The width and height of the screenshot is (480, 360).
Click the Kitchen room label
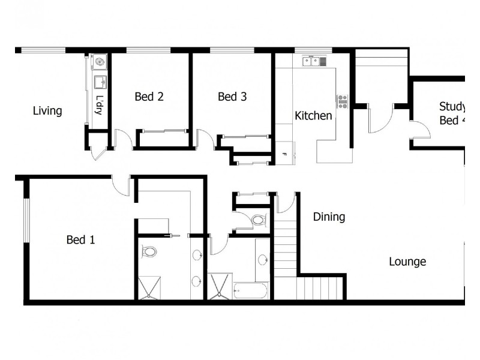coord(313,116)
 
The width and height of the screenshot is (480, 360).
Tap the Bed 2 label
coord(149,97)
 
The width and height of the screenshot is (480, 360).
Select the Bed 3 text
coord(232,97)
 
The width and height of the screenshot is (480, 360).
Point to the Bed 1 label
coord(80,240)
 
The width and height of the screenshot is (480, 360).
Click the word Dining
coord(329,217)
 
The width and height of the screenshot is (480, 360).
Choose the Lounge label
coord(407,262)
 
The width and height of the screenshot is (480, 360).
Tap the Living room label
coord(47,111)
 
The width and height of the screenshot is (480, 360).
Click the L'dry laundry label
coord(100,105)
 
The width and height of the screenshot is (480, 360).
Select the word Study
coord(452,107)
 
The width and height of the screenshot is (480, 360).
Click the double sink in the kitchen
coord(313,61)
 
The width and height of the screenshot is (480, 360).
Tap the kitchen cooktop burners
coord(343,101)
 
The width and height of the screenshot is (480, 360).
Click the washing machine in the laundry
coord(99,61)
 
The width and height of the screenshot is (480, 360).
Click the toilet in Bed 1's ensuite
coord(148,251)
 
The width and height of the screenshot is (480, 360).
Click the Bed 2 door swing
coord(123,139)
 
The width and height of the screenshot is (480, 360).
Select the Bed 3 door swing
coord(206,139)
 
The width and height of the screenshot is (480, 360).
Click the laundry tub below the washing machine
coord(99,82)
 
